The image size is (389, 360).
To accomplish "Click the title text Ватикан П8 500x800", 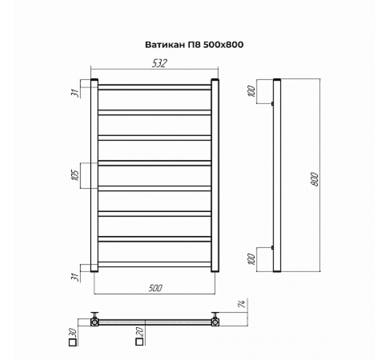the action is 194,45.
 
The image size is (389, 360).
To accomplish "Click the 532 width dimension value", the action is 159,63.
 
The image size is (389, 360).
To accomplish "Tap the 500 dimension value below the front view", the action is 155,288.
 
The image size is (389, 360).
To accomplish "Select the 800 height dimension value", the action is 314,179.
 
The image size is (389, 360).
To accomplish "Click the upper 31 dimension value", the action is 76,93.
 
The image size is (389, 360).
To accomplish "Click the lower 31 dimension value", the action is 77,277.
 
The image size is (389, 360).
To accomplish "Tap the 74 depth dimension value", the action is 241,304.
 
